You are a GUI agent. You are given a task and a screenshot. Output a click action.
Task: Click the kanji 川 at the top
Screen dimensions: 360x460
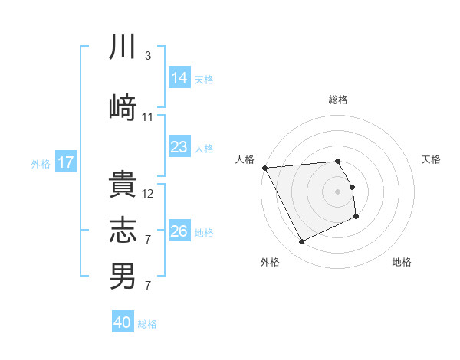[123, 47]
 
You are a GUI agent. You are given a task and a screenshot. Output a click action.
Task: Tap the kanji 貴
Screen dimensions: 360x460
[123, 184]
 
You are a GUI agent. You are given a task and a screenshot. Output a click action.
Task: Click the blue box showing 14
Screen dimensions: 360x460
[179, 78]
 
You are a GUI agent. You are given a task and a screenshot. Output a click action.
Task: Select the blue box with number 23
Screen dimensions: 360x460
[179, 147]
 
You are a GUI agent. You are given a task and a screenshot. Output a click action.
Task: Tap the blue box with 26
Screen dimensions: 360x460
[179, 231]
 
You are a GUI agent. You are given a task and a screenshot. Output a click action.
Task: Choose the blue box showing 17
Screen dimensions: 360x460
[65, 162]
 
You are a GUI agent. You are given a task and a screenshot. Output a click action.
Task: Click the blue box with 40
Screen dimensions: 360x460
[123, 322]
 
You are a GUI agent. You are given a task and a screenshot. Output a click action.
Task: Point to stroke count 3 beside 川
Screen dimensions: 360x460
[148, 56]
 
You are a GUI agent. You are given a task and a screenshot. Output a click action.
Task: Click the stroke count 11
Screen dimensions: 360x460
[148, 116]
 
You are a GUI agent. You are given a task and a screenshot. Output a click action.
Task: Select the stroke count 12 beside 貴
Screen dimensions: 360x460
[148, 194]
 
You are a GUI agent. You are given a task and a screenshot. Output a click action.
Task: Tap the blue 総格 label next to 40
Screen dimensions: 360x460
[147, 324]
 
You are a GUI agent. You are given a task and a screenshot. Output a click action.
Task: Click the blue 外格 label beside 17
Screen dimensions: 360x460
[40, 163]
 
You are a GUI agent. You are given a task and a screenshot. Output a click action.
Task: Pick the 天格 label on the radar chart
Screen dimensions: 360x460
[431, 159]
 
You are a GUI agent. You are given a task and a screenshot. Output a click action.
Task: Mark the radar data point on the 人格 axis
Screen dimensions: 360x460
[264, 168]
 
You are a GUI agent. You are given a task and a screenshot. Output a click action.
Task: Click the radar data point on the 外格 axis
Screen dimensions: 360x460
[301, 242]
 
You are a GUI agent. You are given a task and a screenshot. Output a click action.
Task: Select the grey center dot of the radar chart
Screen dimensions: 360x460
[337, 191]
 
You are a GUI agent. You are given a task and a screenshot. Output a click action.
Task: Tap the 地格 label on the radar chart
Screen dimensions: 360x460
[402, 263]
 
